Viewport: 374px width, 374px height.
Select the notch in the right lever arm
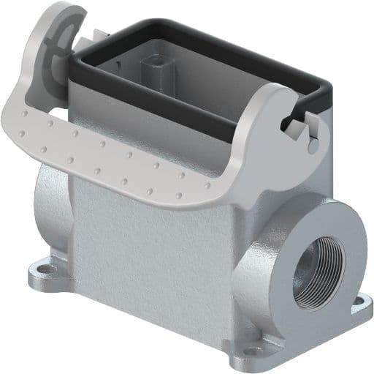point(297,117)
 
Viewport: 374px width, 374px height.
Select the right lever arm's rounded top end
point(274,99)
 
